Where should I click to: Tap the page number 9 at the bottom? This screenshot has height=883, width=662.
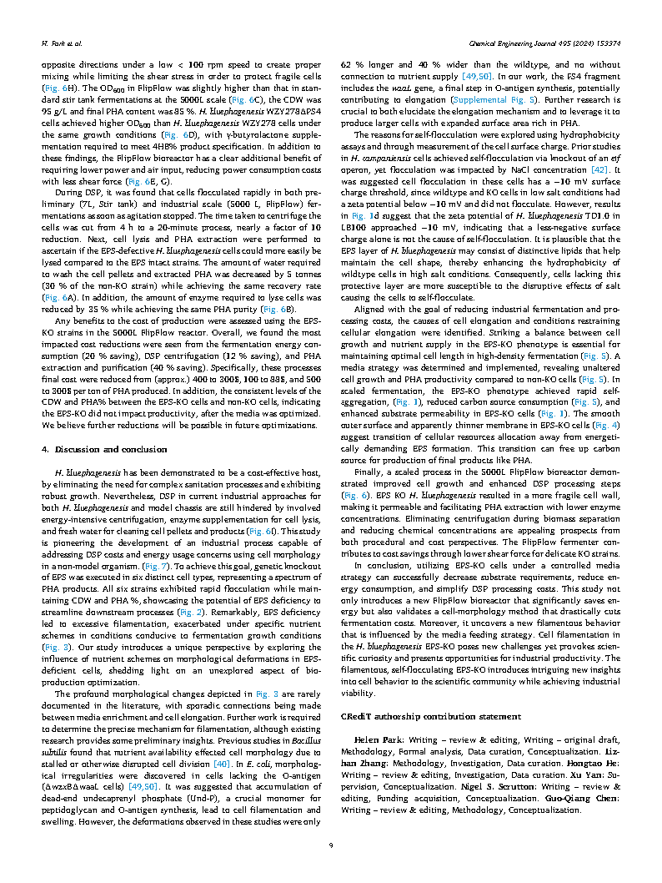pyautogui.click(x=331, y=845)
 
